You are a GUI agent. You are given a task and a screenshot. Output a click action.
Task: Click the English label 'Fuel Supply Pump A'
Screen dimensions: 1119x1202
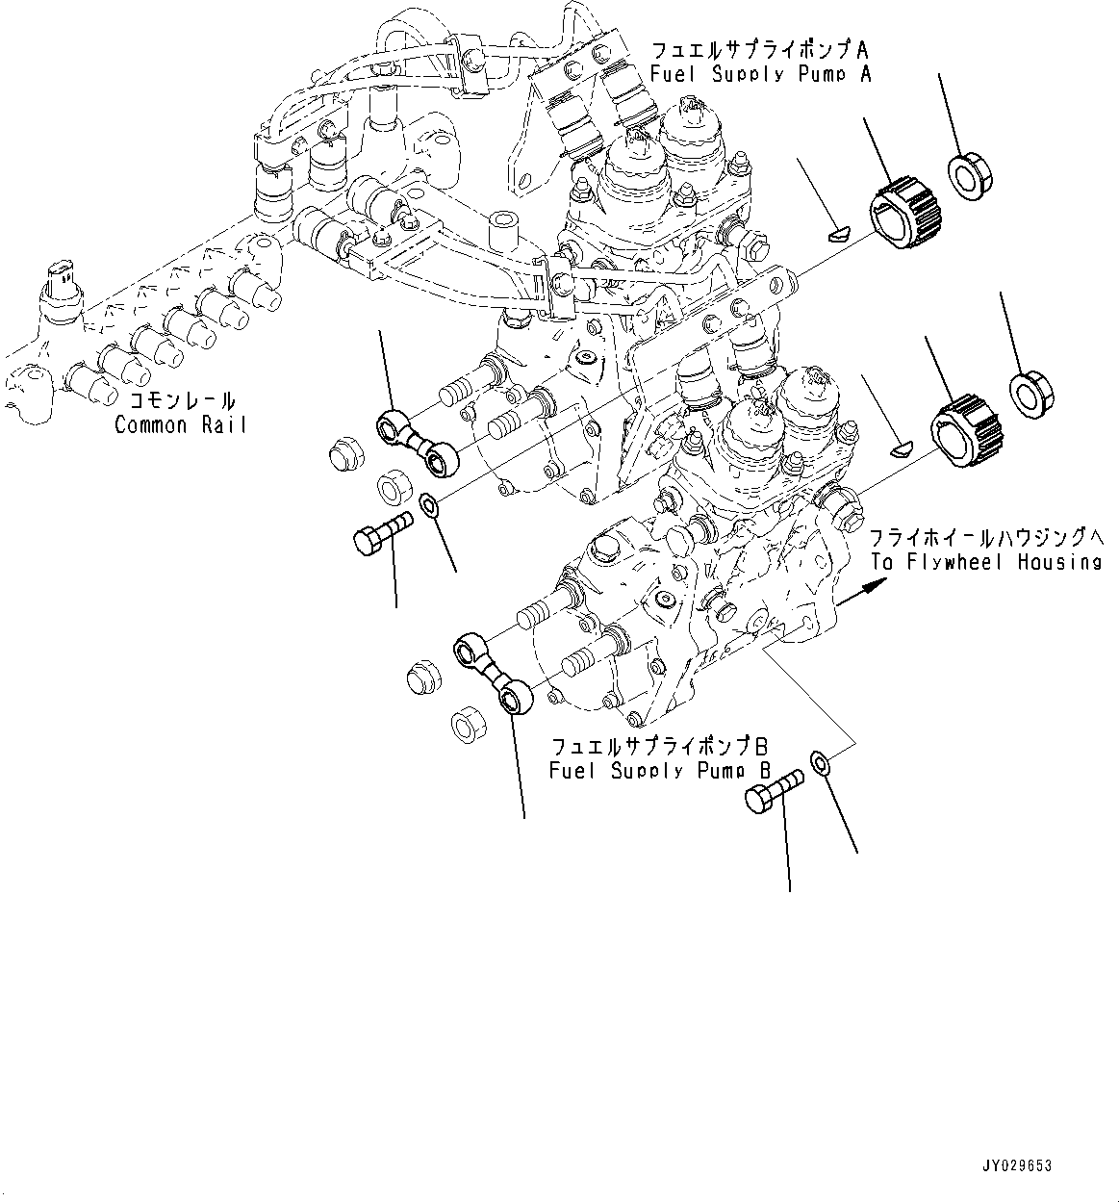point(761,75)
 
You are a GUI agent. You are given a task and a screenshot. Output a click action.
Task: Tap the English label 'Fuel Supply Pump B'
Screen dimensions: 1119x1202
point(660,771)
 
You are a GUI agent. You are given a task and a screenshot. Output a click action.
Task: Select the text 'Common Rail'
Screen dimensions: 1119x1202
point(180,424)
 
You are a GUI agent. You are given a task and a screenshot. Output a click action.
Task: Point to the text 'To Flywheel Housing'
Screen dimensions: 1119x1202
point(986,562)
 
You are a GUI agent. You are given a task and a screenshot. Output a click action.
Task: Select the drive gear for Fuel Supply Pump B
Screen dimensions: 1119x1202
point(966,431)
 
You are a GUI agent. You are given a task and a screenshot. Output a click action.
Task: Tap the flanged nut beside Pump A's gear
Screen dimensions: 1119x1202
point(970,177)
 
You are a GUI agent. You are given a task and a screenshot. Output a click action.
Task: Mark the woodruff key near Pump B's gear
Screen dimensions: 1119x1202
point(901,449)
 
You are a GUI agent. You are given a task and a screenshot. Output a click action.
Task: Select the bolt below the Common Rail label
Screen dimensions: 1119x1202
point(383,532)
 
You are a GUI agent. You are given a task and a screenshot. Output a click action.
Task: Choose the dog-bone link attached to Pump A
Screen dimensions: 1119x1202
point(418,443)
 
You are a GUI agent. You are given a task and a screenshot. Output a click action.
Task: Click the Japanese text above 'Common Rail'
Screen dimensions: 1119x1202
point(182,400)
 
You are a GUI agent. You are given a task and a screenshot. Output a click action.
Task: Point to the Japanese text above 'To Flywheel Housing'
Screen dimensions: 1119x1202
point(986,537)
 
